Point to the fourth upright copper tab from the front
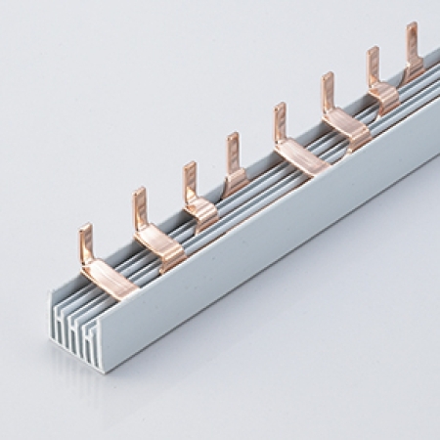click(233, 151)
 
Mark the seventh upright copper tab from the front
click(373, 66)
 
